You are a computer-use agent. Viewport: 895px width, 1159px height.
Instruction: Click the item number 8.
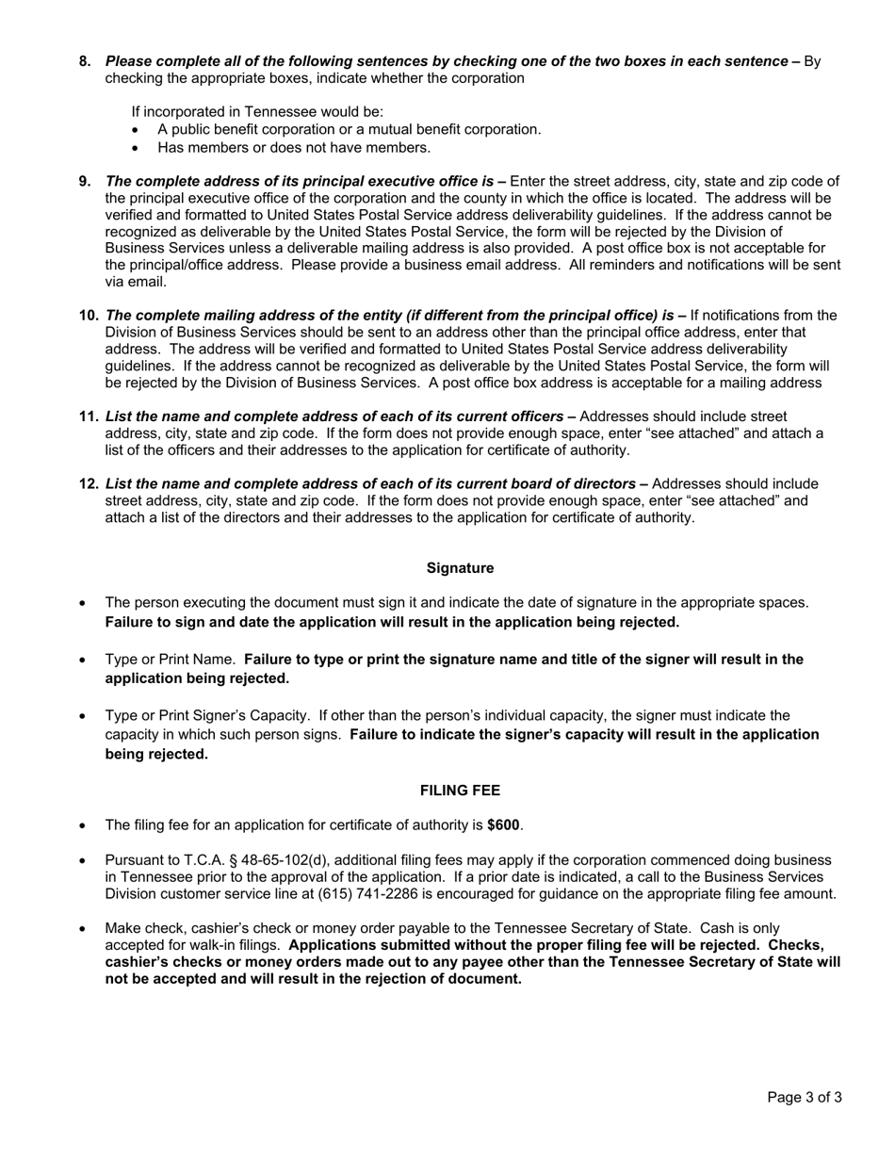85,61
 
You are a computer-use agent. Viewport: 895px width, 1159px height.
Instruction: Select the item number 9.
85,181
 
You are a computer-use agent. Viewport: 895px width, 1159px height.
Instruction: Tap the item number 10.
89,315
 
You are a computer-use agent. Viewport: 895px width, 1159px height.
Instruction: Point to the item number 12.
89,483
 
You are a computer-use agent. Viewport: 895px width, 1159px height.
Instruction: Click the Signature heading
460,568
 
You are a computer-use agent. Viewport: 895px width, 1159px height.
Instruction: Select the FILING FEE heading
460,791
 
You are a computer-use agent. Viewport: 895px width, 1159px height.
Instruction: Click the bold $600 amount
503,824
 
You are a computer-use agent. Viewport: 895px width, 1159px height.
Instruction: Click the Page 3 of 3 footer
804,1097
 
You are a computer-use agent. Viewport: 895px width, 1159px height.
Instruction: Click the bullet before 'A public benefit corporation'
138,130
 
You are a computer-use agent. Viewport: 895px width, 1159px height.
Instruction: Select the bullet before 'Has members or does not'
138,148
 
